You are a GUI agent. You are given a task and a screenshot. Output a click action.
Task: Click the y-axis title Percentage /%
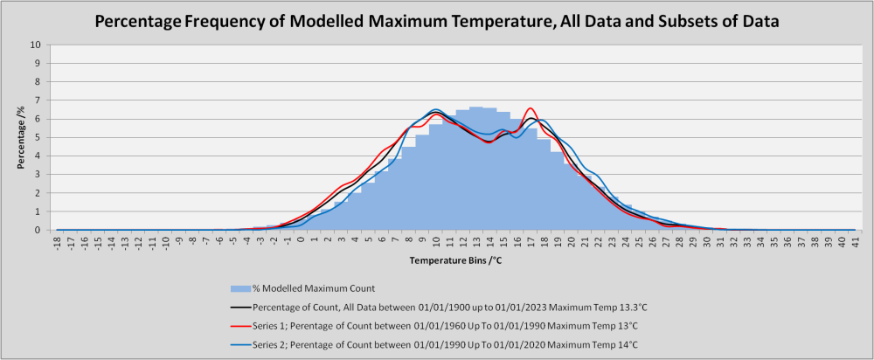[x=21, y=137]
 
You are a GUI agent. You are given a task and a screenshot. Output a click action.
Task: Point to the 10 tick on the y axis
[x=37, y=45]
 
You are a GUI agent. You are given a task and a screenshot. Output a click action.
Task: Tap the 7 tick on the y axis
[x=39, y=100]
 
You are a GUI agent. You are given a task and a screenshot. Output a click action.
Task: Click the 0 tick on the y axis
[x=39, y=230]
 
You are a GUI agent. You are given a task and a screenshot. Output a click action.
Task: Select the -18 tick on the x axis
[x=58, y=241]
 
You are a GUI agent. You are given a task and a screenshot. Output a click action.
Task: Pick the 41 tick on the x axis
[x=856, y=240]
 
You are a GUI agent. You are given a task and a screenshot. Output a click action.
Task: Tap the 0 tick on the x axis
[x=301, y=239]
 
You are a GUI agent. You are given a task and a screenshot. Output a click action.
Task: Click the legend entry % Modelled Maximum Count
[x=302, y=288]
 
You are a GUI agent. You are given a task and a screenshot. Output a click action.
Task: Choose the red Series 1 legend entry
[x=433, y=325]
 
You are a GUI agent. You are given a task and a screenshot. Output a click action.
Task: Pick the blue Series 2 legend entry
[x=434, y=344]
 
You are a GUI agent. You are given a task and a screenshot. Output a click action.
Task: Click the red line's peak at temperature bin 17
[x=531, y=108]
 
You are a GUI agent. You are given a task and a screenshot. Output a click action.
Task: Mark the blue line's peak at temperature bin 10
[x=436, y=109]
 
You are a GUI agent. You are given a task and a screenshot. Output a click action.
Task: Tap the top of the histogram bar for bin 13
[x=476, y=107]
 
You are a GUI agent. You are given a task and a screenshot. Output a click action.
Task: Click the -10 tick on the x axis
[x=165, y=241]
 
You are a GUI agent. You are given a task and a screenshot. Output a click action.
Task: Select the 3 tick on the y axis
[x=39, y=175]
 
